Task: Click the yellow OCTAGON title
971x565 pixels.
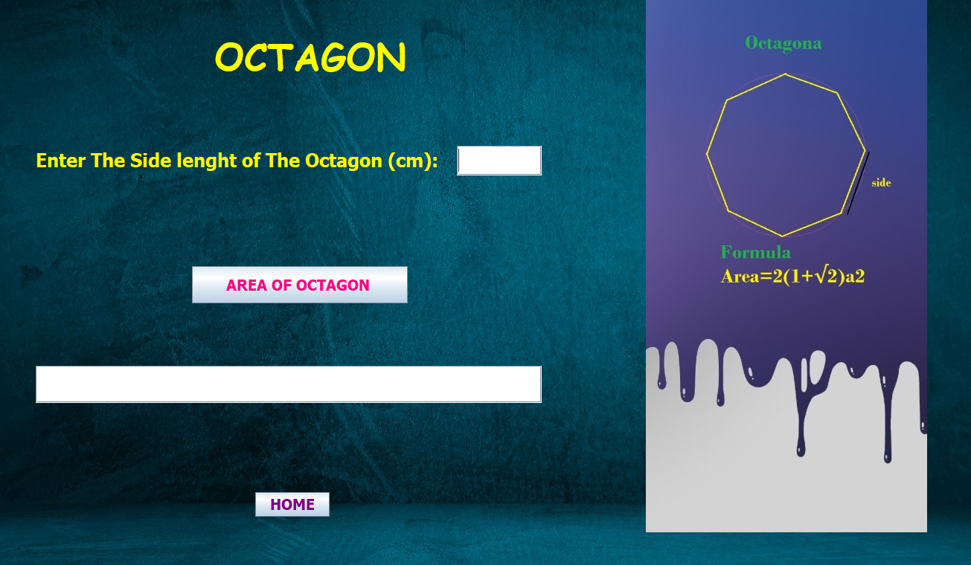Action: (x=310, y=56)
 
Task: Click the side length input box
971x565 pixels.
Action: (x=499, y=161)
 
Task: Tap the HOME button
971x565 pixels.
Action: (x=292, y=504)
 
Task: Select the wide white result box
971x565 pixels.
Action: (x=289, y=384)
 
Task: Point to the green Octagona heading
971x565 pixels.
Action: (x=783, y=44)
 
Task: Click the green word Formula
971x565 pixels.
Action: (x=755, y=252)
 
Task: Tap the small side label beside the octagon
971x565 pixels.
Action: (x=881, y=183)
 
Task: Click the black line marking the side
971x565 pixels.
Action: (x=859, y=183)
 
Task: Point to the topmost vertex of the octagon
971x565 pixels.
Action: (x=785, y=74)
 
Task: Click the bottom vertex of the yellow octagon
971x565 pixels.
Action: (x=783, y=236)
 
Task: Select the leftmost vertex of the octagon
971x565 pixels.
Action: (x=707, y=154)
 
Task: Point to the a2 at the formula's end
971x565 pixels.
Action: (x=855, y=277)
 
